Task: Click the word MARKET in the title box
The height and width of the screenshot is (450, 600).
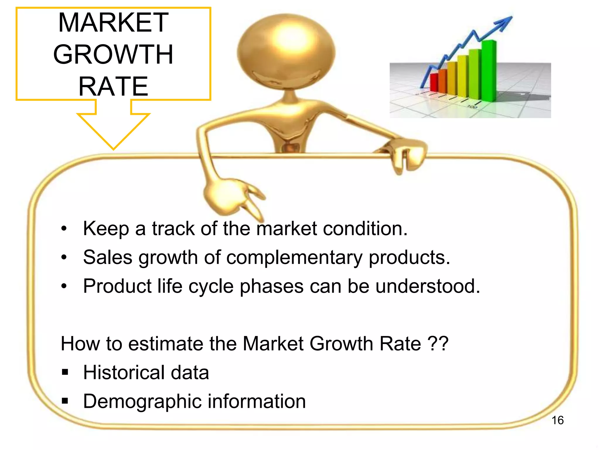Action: point(113,23)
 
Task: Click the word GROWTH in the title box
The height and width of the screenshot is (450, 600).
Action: point(113,54)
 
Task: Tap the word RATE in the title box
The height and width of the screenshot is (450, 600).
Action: point(113,86)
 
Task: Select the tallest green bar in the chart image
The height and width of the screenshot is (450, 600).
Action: point(488,70)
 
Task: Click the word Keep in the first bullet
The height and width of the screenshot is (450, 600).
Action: point(106,229)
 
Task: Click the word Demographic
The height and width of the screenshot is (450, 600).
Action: point(142,402)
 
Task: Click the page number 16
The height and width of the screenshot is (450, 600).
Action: point(557,420)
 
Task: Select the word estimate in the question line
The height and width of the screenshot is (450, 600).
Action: point(165,344)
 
